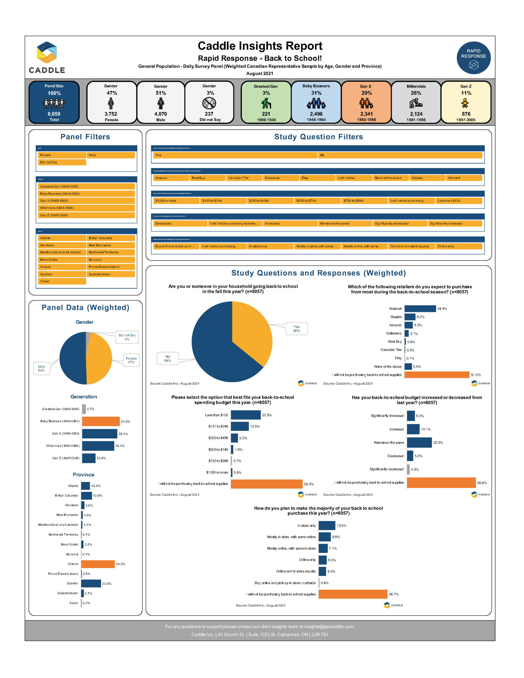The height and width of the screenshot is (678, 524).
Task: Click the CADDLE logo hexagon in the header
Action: click(x=47, y=52)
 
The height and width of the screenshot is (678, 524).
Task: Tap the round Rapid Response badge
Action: click(x=473, y=58)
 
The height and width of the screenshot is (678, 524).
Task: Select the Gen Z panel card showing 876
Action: click(x=466, y=102)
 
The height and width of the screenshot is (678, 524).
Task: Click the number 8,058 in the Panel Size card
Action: click(x=54, y=114)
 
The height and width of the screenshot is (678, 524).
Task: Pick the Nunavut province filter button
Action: click(x=111, y=260)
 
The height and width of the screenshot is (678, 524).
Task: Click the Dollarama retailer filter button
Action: click(x=281, y=178)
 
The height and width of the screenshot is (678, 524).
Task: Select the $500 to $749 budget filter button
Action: click(x=317, y=201)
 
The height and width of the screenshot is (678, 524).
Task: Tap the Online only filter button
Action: click(x=458, y=246)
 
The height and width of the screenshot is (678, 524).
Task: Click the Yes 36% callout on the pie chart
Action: click(x=296, y=329)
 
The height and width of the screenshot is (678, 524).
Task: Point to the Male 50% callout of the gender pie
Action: click(x=41, y=368)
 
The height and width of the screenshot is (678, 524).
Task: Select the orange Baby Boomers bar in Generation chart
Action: click(x=101, y=421)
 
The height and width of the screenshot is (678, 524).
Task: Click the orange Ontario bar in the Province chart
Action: click(x=98, y=564)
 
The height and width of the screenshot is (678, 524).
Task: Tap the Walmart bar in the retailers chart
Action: click(x=420, y=309)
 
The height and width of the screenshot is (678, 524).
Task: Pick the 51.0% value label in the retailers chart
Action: click(x=475, y=375)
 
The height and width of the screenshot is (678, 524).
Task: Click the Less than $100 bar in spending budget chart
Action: click(x=245, y=415)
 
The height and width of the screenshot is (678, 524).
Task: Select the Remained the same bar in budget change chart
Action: click(x=419, y=442)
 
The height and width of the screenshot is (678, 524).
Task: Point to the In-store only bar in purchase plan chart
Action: click(x=327, y=525)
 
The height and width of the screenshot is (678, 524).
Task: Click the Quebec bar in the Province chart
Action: click(x=91, y=583)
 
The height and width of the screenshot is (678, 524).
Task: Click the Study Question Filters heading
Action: click(x=318, y=137)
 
